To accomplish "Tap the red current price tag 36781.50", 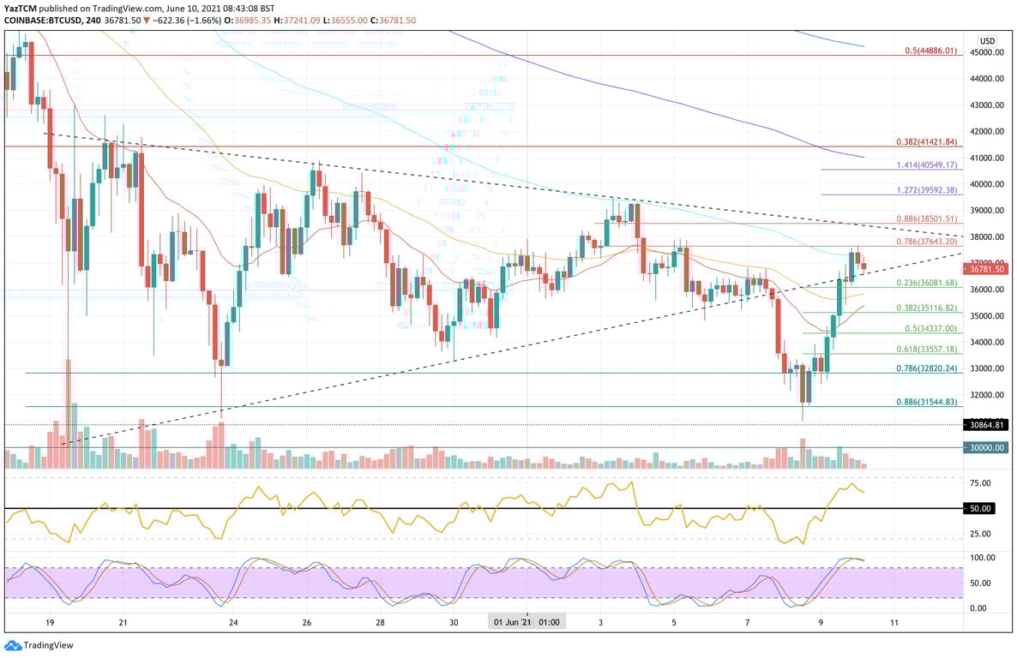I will (x=987, y=269).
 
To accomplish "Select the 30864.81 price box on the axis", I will (x=987, y=424).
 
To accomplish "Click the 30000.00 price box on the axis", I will (x=987, y=447).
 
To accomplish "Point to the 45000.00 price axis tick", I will (x=987, y=52).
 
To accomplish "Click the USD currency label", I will (x=988, y=40).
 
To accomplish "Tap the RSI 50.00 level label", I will (x=981, y=509).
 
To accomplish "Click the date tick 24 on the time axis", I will (x=233, y=622).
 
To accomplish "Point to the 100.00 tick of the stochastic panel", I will (x=983, y=557).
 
